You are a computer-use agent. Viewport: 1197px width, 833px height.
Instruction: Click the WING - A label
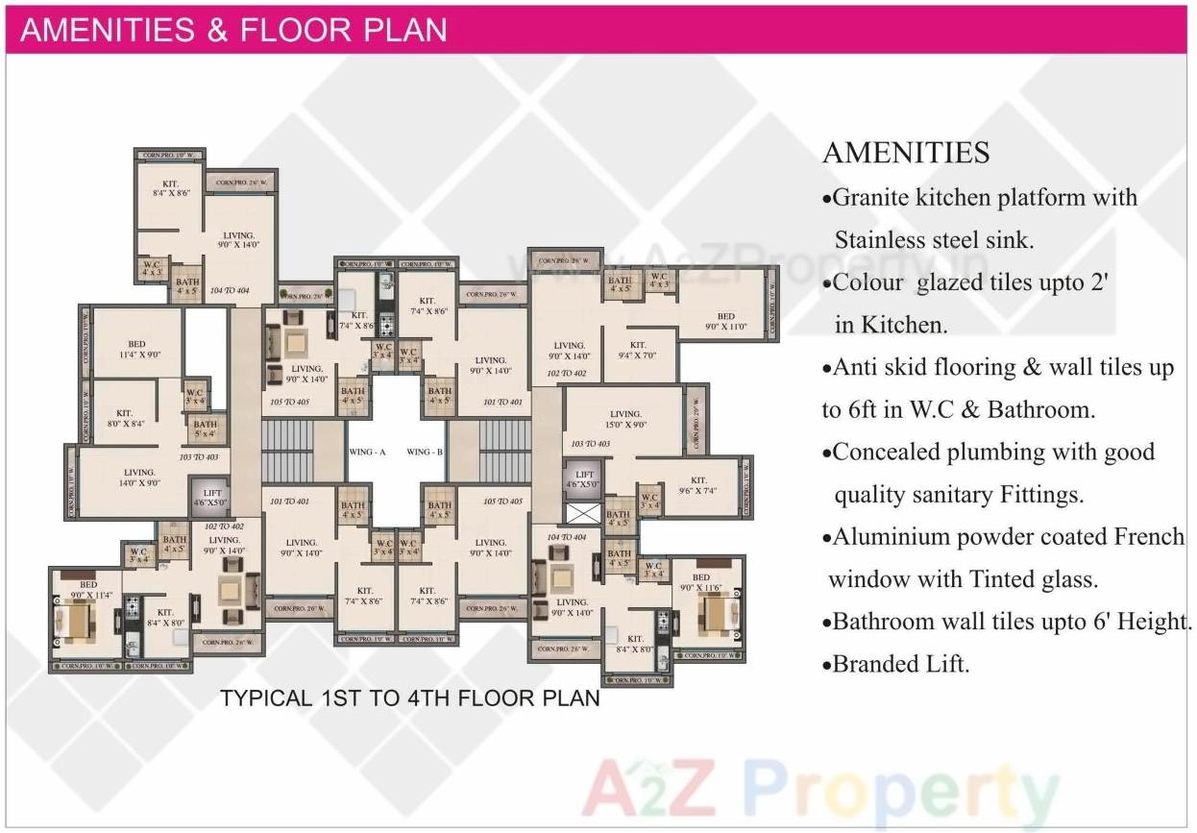click(366, 452)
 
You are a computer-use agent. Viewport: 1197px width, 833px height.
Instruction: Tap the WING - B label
click(425, 452)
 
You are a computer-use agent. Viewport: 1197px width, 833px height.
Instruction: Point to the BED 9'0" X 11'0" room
click(725, 321)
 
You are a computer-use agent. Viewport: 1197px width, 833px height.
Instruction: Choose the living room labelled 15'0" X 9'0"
click(625, 420)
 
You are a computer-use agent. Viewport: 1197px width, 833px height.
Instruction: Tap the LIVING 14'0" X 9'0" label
click(139, 478)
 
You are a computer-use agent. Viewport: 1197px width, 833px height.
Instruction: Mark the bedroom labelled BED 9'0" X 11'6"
click(700, 582)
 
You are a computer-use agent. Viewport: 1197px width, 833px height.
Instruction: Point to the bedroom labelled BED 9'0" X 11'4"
click(88, 589)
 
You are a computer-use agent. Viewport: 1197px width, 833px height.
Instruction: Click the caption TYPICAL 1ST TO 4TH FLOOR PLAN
click(410, 698)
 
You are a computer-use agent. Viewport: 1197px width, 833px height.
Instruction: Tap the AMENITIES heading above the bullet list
click(906, 152)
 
